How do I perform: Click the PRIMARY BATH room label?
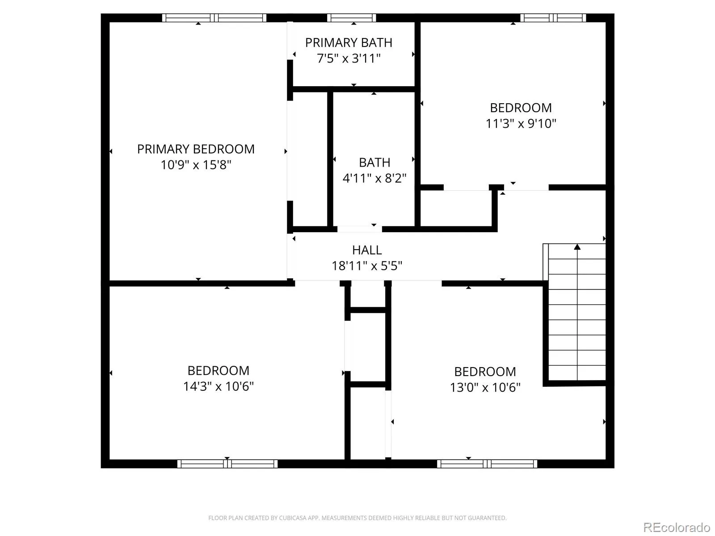click(349, 42)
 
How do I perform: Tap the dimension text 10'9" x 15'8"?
click(196, 165)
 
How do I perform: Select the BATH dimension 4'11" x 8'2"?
click(374, 178)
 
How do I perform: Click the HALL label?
click(367, 250)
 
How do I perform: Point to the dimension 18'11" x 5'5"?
click(367, 266)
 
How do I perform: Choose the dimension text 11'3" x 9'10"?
click(521, 123)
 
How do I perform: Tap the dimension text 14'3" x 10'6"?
click(218, 386)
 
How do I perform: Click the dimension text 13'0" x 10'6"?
click(485, 387)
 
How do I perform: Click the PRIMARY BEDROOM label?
click(196, 149)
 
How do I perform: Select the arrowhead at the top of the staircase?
click(577, 247)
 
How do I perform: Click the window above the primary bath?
click(352, 18)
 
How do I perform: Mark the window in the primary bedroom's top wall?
click(214, 18)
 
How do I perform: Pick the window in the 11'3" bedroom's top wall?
click(553, 18)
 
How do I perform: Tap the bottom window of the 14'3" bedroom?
click(227, 464)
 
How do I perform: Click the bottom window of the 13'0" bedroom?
click(487, 464)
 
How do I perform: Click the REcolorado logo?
click(677, 527)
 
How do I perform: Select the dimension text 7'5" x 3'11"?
click(349, 58)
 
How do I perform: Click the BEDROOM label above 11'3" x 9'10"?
click(521, 108)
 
